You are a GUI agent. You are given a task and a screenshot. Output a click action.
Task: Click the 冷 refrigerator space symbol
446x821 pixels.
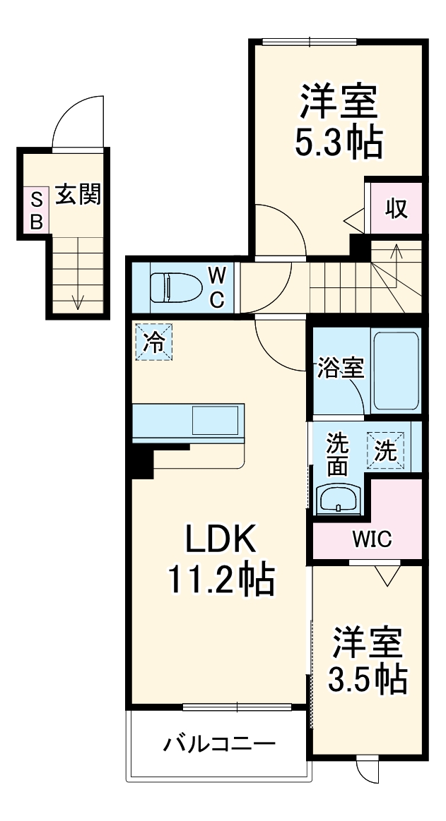(153, 342)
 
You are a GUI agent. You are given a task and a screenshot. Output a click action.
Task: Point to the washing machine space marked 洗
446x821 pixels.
(385, 450)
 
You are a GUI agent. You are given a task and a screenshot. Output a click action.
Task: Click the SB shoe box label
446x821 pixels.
(35, 210)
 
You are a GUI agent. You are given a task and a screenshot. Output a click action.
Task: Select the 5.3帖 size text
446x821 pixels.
(338, 143)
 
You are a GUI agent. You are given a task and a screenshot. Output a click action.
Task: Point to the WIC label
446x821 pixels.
(372, 540)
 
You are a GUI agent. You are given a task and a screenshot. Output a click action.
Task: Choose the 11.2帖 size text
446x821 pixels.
(220, 580)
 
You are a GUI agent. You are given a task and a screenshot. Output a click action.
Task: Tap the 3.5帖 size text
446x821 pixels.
(367, 678)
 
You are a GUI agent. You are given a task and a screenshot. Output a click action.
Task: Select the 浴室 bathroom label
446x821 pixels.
(340, 367)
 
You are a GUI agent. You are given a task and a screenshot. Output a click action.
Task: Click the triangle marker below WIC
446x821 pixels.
(385, 576)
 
